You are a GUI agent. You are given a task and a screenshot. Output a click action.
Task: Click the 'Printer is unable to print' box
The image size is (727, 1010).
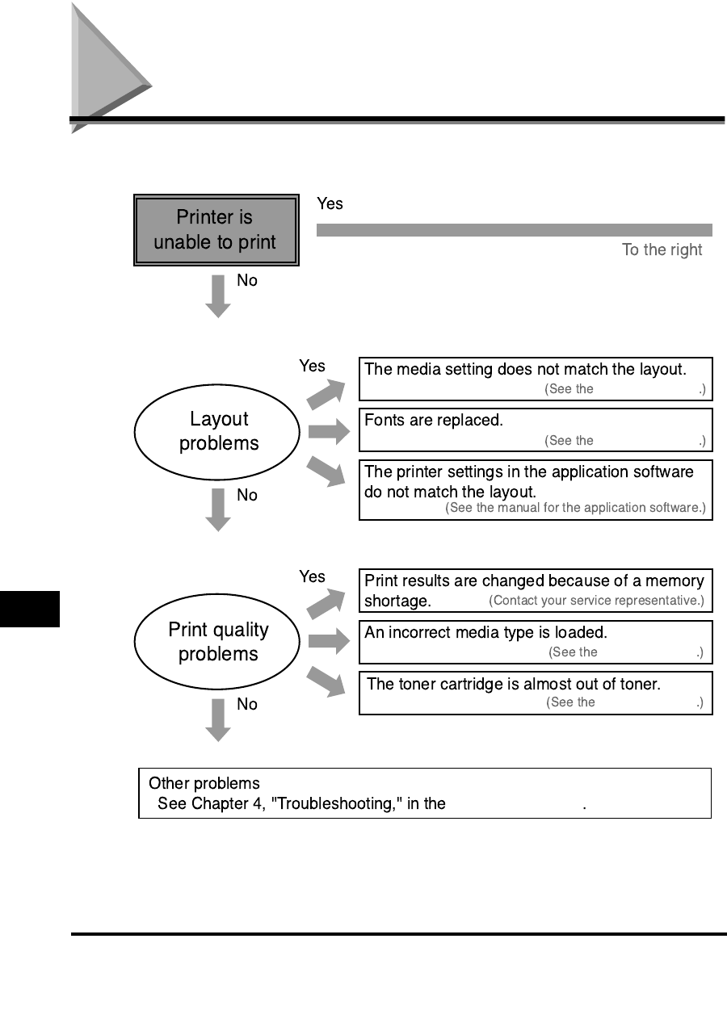coord(216,230)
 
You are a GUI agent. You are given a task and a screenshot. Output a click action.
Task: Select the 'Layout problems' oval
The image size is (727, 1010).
coord(219,431)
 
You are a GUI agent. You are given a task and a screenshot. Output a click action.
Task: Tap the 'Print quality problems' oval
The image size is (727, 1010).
coord(219,642)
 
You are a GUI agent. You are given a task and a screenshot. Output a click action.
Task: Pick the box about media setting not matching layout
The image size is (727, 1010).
coord(536,379)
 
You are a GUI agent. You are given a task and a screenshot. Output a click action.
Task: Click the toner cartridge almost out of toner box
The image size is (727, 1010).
coord(536,693)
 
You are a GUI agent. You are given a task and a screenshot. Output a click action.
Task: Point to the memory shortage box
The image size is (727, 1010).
coord(536,590)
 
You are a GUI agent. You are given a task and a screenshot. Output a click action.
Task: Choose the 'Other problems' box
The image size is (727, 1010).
coord(425,793)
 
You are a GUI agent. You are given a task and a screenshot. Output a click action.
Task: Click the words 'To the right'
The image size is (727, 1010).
coord(662,250)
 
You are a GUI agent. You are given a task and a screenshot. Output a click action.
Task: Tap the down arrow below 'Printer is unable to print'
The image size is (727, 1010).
coord(218,295)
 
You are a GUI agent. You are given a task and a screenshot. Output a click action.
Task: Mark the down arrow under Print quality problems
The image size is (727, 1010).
coord(218,720)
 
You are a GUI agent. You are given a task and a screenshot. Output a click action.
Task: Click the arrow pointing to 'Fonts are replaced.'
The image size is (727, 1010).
coord(327,431)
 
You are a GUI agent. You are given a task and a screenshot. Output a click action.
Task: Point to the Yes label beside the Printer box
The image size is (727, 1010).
coord(330,204)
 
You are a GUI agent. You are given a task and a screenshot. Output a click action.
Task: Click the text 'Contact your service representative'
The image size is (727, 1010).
coord(596,601)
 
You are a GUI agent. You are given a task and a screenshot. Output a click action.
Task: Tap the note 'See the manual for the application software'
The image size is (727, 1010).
coord(575,508)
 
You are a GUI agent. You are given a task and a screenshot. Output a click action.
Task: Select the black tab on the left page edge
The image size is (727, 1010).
coord(30,608)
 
